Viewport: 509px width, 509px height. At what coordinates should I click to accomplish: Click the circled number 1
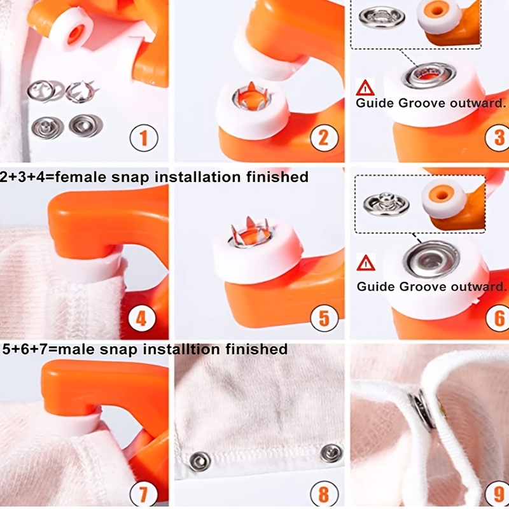144,138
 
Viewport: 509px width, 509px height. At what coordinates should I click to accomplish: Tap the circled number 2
324,138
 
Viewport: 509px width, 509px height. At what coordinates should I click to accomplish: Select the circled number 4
141,319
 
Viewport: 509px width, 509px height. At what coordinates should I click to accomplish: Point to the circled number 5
324,319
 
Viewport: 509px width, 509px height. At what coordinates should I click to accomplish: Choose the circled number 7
143,495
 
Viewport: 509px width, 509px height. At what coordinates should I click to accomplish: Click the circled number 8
324,495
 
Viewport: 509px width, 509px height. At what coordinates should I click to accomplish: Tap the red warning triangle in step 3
365,88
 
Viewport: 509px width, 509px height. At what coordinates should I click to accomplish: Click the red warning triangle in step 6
366,263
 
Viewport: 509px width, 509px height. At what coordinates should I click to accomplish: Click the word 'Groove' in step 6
422,287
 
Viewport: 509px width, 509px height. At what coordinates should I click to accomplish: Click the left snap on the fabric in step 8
200,461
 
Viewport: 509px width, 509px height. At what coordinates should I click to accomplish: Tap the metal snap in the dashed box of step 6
386,204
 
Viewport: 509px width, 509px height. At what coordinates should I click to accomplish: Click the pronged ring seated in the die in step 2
252,97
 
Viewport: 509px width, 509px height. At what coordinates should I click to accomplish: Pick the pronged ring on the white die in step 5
250,234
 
